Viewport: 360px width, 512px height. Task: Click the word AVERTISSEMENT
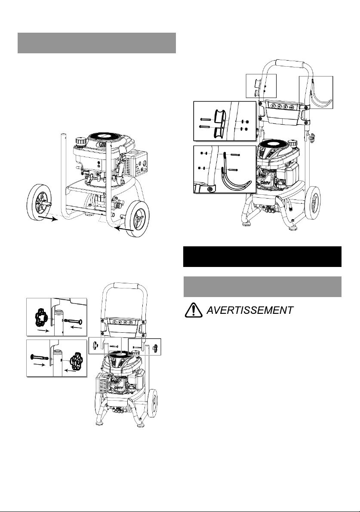pyautogui.click(x=250, y=310)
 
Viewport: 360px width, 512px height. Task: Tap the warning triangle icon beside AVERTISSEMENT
pyautogui.click(x=194, y=310)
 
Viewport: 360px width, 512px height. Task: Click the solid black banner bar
pyautogui.click(x=262, y=257)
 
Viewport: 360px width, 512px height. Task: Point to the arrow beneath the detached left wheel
pyautogui.click(x=48, y=218)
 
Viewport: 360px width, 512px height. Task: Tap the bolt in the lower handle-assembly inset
pyautogui.click(x=39, y=356)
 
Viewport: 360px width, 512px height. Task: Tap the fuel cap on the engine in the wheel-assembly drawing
pyautogui.click(x=80, y=141)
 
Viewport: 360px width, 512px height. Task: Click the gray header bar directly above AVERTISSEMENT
pyautogui.click(x=262, y=287)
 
